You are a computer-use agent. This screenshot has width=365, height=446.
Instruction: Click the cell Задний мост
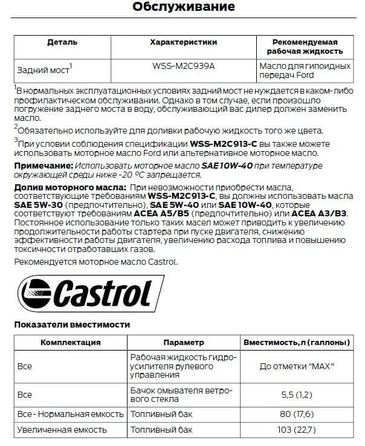pos(42,69)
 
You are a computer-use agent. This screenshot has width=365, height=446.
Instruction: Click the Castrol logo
pos(85,292)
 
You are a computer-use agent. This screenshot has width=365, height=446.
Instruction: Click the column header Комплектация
pos(70,342)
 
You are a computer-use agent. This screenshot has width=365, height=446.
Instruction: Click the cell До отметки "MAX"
pos(296,367)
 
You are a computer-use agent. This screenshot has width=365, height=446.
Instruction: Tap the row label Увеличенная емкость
pos(63,430)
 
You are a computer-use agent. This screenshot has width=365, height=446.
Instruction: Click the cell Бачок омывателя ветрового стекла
pos(181,395)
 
